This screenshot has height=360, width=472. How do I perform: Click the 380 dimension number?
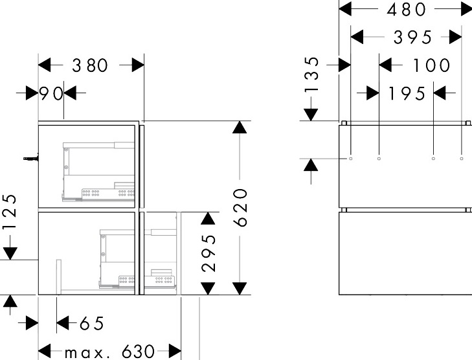90,65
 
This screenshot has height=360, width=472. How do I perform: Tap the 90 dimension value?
51,93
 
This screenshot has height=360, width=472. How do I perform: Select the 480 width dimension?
406,9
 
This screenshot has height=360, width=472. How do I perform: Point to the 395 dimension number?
412,38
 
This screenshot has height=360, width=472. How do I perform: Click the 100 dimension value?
431,65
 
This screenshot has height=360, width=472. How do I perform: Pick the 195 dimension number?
407,93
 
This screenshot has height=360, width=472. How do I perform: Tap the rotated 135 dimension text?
311,74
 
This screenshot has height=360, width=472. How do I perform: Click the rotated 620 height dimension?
240,207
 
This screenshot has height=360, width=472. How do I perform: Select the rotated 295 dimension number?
208,253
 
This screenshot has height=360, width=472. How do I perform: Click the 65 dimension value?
92,323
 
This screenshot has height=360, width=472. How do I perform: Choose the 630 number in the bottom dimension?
138,352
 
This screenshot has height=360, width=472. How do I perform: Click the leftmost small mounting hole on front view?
351,159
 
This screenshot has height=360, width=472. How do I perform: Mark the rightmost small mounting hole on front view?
462,159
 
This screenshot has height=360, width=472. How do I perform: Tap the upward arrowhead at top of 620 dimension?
240,127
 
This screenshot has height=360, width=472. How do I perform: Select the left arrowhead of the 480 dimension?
345,9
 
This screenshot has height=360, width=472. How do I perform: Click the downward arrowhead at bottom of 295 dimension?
208,288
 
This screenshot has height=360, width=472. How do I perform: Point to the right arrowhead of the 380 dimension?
138,65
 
